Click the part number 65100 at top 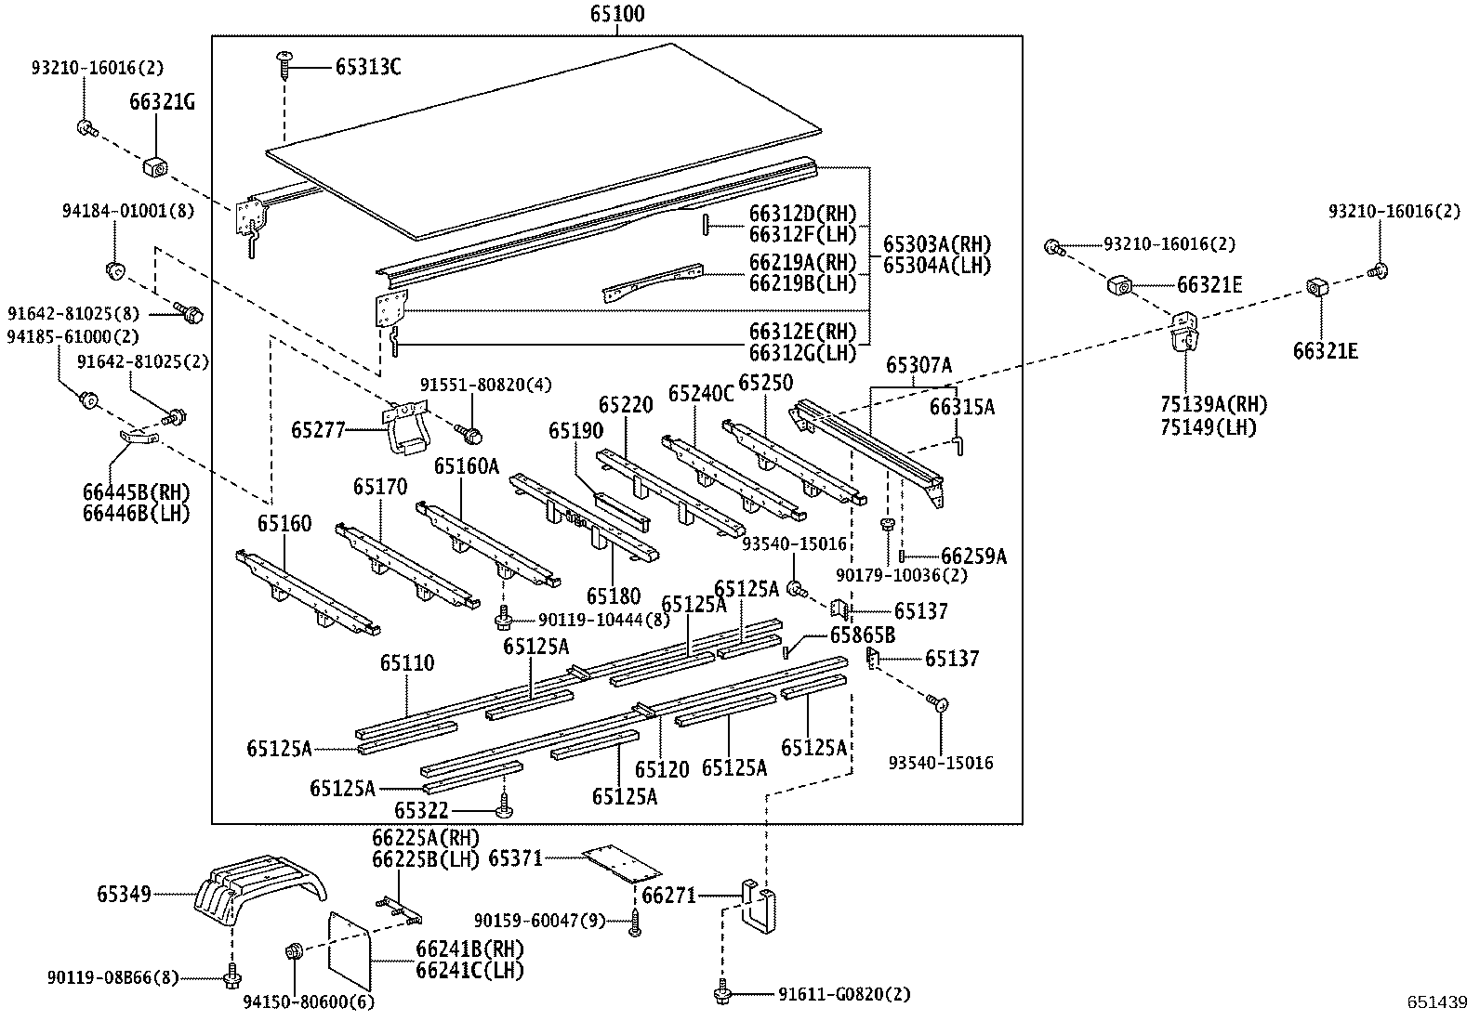point(616,15)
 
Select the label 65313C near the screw point(368,67)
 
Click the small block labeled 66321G point(154,167)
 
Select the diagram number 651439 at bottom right point(1436,1002)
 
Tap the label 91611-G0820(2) point(844,994)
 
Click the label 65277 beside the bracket point(318,429)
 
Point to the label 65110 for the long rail point(407,663)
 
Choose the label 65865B point(862,635)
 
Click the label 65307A point(918,365)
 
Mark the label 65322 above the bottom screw point(421,811)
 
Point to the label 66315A point(962,407)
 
